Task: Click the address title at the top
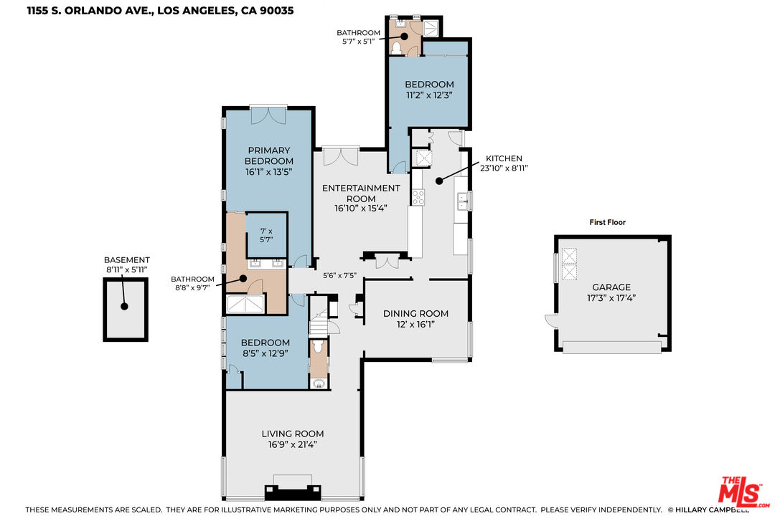point(160,10)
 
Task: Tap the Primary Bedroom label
point(269,156)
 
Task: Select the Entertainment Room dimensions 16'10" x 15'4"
point(361,209)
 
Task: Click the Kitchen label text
point(504,158)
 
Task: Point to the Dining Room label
point(415,314)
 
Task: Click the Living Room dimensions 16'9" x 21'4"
point(293,444)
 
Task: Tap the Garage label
point(611,287)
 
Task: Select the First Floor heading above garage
point(608,222)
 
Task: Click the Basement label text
point(126,259)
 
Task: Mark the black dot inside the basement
point(125,306)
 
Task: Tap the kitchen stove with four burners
point(418,197)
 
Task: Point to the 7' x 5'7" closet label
point(266,235)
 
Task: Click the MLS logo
point(744,492)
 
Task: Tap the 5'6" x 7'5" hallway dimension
point(339,275)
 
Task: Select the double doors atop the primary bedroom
point(268,115)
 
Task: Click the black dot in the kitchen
point(439,181)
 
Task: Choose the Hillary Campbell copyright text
point(708,510)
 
